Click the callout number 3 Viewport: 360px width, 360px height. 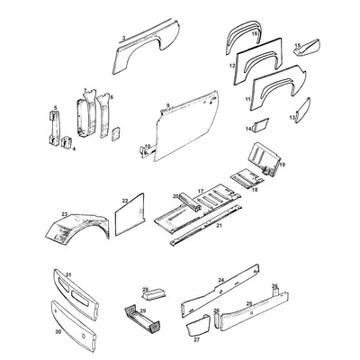122,39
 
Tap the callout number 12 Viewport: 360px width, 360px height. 232,66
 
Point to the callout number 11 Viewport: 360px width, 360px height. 248,97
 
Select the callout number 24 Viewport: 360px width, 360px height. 220,280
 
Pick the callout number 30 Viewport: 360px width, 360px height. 58,332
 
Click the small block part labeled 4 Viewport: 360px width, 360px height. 67,141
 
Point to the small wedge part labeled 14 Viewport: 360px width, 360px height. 260,125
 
